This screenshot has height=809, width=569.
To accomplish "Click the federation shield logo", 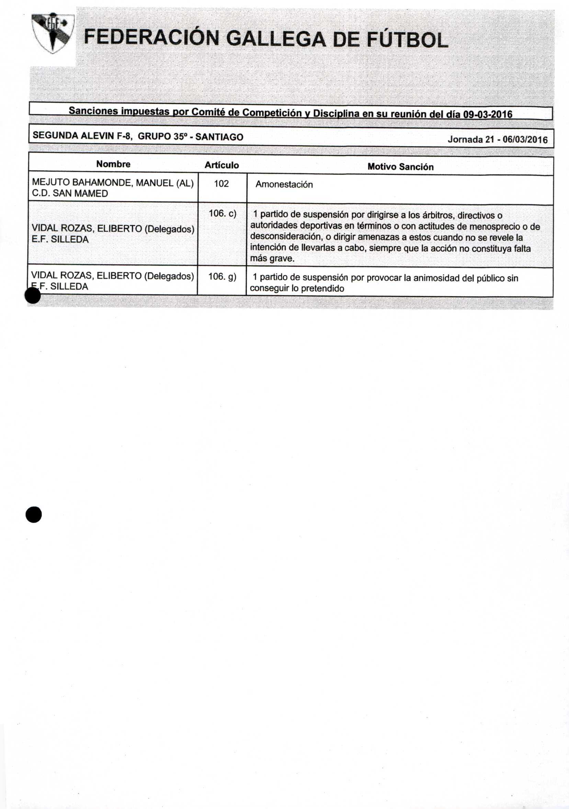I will pyautogui.click(x=53, y=34).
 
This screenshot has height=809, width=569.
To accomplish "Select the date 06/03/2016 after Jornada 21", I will pyautogui.click(x=525, y=140).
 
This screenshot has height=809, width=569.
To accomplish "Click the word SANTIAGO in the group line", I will pyautogui.click(x=219, y=137).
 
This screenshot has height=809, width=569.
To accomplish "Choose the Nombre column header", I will pyautogui.click(x=113, y=164).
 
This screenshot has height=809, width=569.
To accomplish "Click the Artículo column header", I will pyautogui.click(x=222, y=165).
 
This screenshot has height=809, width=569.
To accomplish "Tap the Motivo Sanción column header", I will pyautogui.click(x=400, y=167).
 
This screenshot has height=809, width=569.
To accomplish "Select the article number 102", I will pyautogui.click(x=221, y=184).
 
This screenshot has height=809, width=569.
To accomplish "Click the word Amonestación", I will pyautogui.click(x=284, y=185).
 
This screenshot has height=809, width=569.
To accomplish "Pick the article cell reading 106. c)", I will pyautogui.click(x=222, y=213).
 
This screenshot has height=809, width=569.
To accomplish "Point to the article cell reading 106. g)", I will pyautogui.click(x=222, y=277).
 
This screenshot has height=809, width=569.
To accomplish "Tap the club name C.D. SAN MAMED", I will pyautogui.click(x=70, y=194).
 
